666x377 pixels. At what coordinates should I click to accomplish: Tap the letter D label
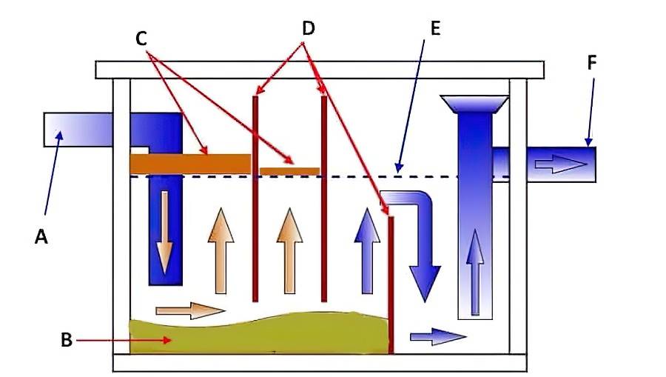pos(309,29)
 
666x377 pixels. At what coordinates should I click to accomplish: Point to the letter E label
pos(434,29)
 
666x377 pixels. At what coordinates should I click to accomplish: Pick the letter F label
pos(591,63)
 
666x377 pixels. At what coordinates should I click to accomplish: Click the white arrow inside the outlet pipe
pos(559,164)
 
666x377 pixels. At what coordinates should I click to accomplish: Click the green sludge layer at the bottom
pos(259,334)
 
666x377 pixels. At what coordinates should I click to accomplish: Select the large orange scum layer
pos(190,163)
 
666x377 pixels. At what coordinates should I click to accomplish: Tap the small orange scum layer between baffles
pos(289,171)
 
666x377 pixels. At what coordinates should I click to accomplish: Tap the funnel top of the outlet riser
pos(473,104)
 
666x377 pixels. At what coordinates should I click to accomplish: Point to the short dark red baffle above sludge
pos(391,281)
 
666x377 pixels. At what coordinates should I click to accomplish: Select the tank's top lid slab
pos(320,70)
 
